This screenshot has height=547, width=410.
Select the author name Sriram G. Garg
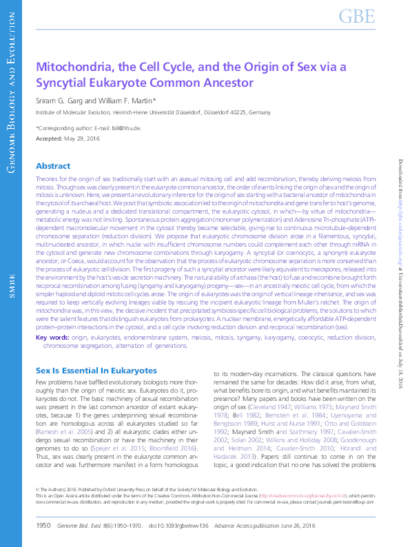(x=62, y=101)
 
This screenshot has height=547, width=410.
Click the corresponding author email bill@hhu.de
(x=127, y=128)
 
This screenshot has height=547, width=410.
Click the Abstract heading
(x=53, y=166)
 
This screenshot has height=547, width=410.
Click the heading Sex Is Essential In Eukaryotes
(x=96, y=371)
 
